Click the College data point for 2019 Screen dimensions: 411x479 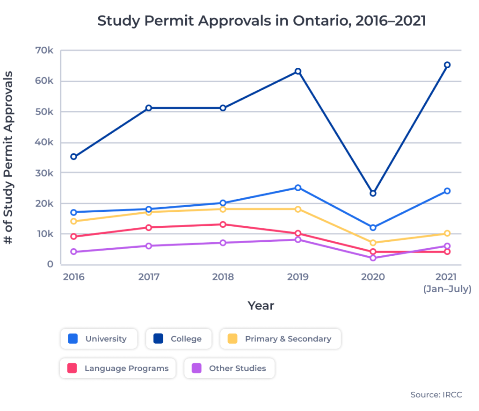pyautogui.click(x=298, y=72)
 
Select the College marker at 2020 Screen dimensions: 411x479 pyautogui.click(x=373, y=193)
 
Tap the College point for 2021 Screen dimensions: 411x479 pyautogui.click(x=447, y=65)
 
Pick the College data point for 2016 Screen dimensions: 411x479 pyautogui.click(x=74, y=157)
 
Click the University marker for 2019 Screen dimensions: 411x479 pyautogui.click(x=298, y=187)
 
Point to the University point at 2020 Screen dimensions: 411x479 pyautogui.click(x=373, y=228)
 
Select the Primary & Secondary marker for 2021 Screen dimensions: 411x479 pyautogui.click(x=447, y=233)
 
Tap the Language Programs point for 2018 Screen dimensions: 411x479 pyautogui.click(x=223, y=224)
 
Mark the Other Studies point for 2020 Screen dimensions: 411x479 pyautogui.click(x=373, y=258)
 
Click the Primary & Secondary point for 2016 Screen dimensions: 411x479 pyautogui.click(x=74, y=221)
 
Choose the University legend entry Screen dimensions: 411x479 pyautogui.click(x=99, y=339)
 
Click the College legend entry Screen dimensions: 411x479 pyautogui.click(x=179, y=339)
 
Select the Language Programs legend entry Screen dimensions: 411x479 pyautogui.click(x=118, y=368)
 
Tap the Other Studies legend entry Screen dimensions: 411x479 pyautogui.click(x=229, y=368)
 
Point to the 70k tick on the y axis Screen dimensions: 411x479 pyautogui.click(x=44, y=50)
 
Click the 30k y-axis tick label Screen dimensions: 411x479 pyautogui.click(x=44, y=173)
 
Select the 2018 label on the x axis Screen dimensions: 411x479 pyautogui.click(x=223, y=277)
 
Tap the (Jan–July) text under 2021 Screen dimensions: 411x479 pyautogui.click(x=447, y=289)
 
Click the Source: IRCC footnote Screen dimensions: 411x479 pyautogui.click(x=436, y=395)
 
